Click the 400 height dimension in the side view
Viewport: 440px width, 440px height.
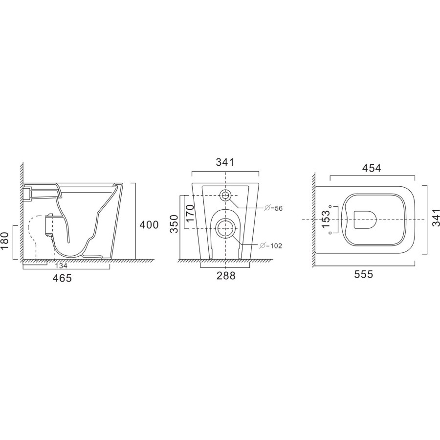tap(149, 225)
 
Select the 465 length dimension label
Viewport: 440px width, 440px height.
tap(63, 278)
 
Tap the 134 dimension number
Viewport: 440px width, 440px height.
tap(61, 266)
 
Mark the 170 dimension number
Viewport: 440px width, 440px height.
tap(190, 214)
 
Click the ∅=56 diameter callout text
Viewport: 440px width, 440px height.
tap(273, 208)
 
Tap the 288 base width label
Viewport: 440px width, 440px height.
tap(225, 276)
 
